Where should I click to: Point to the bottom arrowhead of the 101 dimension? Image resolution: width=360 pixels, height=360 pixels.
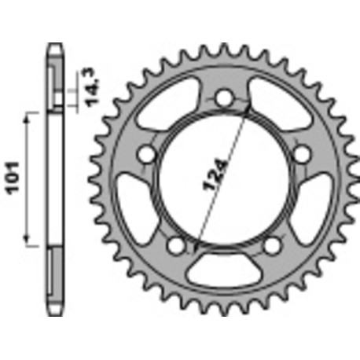pos(31,242)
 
